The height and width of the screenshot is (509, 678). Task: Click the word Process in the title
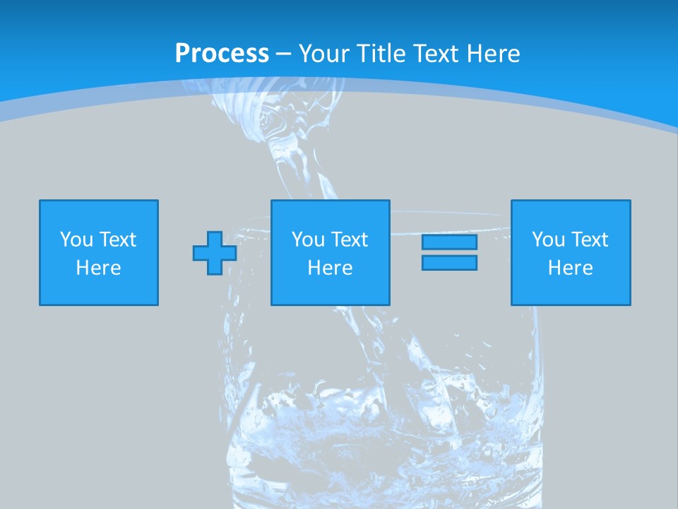pos(222,54)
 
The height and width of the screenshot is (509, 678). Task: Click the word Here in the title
pos(494,54)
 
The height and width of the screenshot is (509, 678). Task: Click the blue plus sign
pos(214,253)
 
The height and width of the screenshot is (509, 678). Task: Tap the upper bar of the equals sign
pos(449,242)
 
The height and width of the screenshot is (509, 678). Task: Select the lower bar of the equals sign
pos(449,262)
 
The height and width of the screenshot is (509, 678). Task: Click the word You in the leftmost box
pos(76,240)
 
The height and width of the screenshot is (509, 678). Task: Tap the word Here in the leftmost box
pos(99,268)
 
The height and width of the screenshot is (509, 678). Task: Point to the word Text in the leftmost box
pos(117,240)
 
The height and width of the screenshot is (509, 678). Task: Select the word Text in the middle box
pos(348,240)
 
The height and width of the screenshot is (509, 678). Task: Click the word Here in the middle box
pos(330,268)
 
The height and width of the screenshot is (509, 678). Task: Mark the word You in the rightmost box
pos(548,240)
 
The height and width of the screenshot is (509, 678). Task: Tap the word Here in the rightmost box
pos(571,268)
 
